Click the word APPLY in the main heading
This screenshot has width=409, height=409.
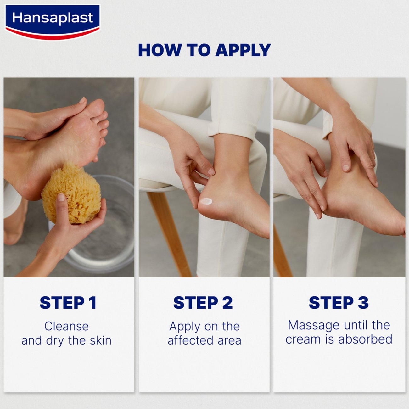243,50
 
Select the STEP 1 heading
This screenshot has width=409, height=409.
68,303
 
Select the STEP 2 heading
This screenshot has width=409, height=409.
203,303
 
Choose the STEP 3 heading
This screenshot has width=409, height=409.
339,303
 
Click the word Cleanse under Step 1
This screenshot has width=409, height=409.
66,326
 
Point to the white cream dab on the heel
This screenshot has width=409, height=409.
207,201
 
